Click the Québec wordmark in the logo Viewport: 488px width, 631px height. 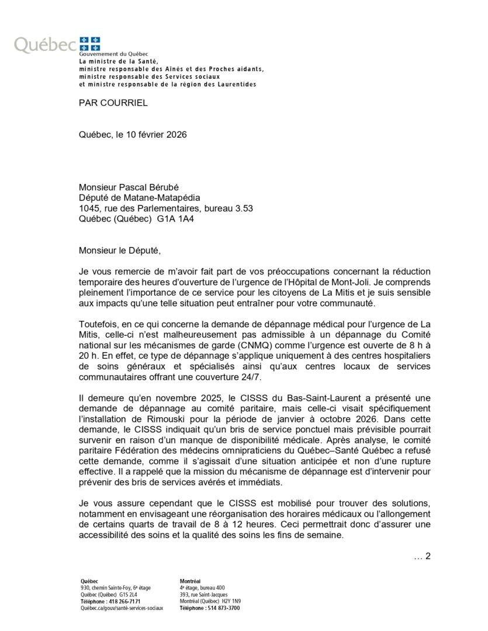click(44, 44)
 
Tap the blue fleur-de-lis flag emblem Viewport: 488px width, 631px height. click(89, 43)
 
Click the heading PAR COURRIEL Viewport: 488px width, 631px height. click(113, 103)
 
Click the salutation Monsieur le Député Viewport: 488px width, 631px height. click(119, 251)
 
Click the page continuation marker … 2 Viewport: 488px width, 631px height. click(422, 556)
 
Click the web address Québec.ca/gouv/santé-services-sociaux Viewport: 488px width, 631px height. click(122, 608)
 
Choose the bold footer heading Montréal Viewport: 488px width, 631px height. click(190, 581)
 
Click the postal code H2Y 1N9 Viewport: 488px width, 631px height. click(229, 601)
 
